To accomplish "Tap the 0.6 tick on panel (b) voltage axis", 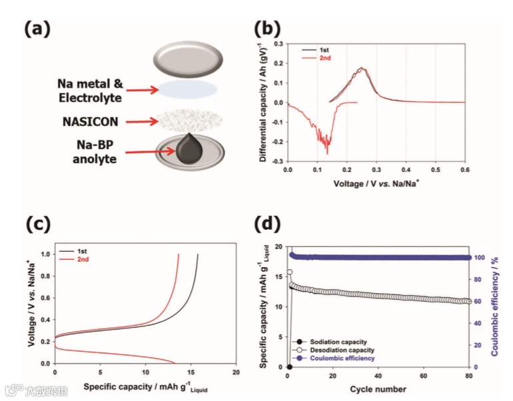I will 464,170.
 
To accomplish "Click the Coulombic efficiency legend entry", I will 342,358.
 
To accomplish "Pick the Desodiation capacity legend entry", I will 342,350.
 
